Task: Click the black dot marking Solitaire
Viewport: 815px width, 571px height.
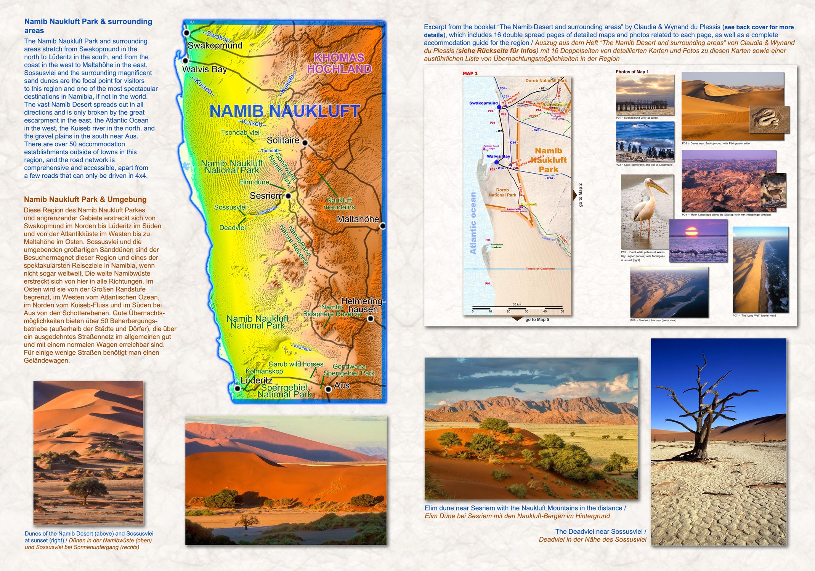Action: [x=305, y=143]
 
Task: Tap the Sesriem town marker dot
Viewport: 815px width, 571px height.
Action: [x=288, y=196]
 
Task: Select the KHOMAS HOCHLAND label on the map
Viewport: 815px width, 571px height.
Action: [x=339, y=63]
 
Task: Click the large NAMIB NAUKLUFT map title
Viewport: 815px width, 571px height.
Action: [x=284, y=111]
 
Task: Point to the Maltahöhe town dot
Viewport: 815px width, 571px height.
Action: [x=383, y=226]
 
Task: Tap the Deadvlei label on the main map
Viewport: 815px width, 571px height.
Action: [x=233, y=228]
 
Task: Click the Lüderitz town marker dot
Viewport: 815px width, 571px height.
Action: [x=237, y=389]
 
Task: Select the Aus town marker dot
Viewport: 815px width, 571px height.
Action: [x=328, y=389]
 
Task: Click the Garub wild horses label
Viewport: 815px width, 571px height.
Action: [x=296, y=364]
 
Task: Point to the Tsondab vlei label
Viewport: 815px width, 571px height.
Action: [x=240, y=132]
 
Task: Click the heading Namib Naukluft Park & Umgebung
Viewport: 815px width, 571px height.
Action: [x=85, y=199]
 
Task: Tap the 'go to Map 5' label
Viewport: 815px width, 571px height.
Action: [x=537, y=319]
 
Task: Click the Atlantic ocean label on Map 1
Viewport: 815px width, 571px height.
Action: [x=473, y=223]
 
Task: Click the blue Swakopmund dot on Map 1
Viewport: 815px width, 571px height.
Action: [x=499, y=107]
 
